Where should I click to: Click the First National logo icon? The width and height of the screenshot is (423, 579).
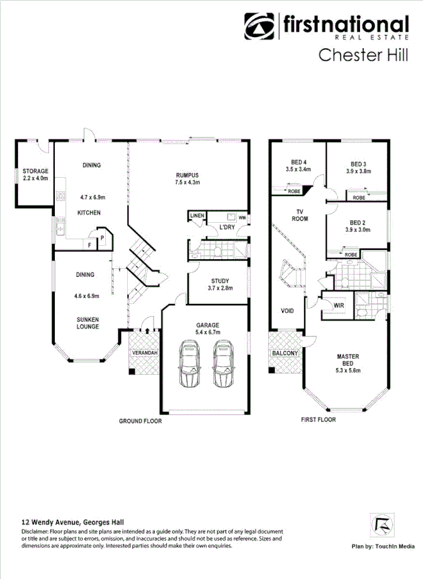[x=259, y=27]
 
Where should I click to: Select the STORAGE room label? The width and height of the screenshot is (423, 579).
[x=35, y=172]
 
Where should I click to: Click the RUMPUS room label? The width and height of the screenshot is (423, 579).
[x=187, y=175]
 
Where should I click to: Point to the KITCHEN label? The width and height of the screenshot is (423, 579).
[x=89, y=213]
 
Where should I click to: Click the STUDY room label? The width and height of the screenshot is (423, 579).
[x=220, y=281]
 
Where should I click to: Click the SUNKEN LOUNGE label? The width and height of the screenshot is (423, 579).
[x=87, y=322]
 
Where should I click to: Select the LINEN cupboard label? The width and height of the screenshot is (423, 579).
[x=197, y=216]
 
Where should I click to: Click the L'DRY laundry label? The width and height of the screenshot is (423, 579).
[x=228, y=228]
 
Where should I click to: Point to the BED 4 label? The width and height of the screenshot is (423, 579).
[x=299, y=163]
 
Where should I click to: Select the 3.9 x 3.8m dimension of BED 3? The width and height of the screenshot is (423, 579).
[x=357, y=171]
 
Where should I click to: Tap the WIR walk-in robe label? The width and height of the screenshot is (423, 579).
[x=338, y=306]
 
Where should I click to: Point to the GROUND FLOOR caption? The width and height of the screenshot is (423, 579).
[x=140, y=420]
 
